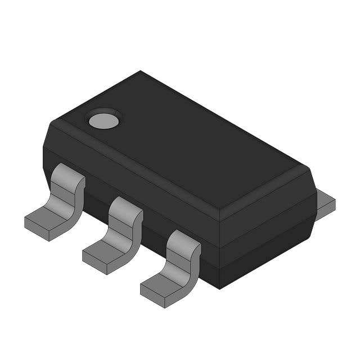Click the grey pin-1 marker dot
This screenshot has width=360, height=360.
pos(103,119)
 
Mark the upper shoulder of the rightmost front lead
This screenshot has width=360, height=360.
pos(183,239)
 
